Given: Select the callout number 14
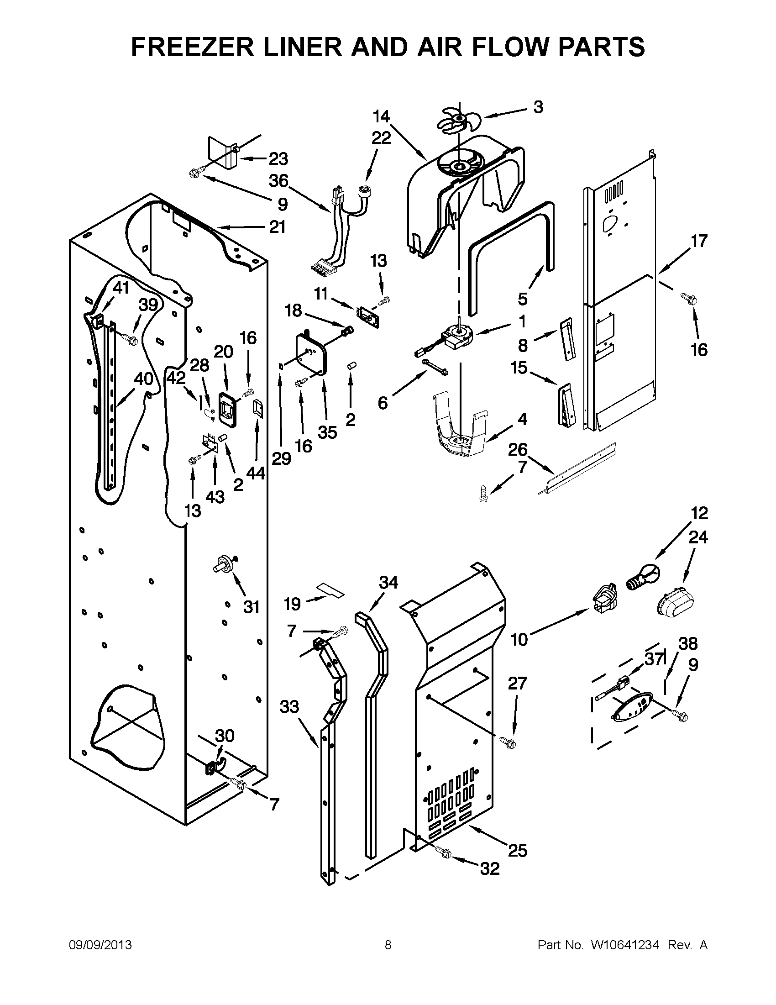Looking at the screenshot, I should click(x=381, y=116).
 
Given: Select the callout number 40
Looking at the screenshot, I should click(x=143, y=379).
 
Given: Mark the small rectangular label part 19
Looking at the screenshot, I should click(x=330, y=590).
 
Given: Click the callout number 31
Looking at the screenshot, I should click(x=251, y=607).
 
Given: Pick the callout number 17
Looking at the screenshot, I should click(x=699, y=241).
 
